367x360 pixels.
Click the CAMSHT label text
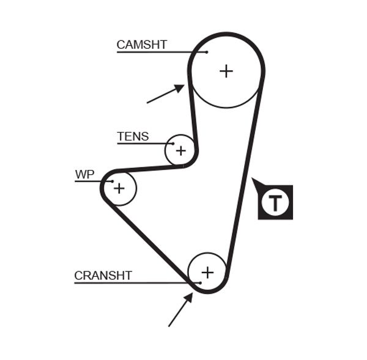click(141, 45)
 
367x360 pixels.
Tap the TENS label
click(133, 136)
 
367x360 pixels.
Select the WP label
click(84, 175)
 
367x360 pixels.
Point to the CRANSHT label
click(103, 276)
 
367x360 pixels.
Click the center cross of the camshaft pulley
click(226, 71)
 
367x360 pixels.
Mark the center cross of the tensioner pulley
click(180, 150)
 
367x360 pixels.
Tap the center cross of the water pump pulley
click(119, 188)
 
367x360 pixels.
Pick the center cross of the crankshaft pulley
click(207, 272)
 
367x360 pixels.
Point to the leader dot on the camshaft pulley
click(207, 52)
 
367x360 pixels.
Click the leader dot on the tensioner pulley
click(173, 144)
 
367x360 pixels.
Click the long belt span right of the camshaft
click(246, 177)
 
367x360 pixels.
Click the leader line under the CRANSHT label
click(135, 282)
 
